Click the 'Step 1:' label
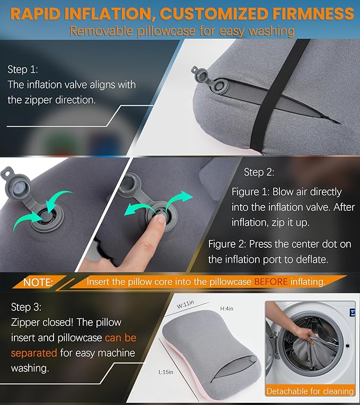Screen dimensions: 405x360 click(x=22, y=69)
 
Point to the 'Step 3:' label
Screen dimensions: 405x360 click(x=25, y=307)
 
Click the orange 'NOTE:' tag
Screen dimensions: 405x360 click(x=38, y=282)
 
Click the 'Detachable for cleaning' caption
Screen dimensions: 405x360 click(x=310, y=391)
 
